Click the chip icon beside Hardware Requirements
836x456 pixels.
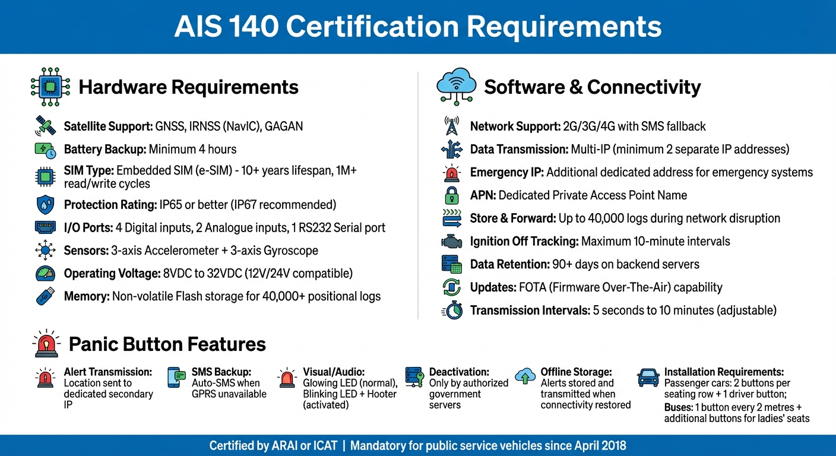[50, 87]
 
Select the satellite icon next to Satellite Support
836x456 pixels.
[46, 126]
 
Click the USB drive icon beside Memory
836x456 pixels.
[46, 296]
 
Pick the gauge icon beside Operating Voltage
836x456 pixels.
[46, 273]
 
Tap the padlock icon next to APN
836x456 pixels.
[452, 195]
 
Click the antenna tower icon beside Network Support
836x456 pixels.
[452, 126]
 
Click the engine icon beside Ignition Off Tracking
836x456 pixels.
[452, 242]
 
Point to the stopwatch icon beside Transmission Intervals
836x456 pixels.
[452, 311]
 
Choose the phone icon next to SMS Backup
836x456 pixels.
[174, 378]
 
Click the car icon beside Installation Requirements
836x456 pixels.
[648, 377]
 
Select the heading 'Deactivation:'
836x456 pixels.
[459, 372]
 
